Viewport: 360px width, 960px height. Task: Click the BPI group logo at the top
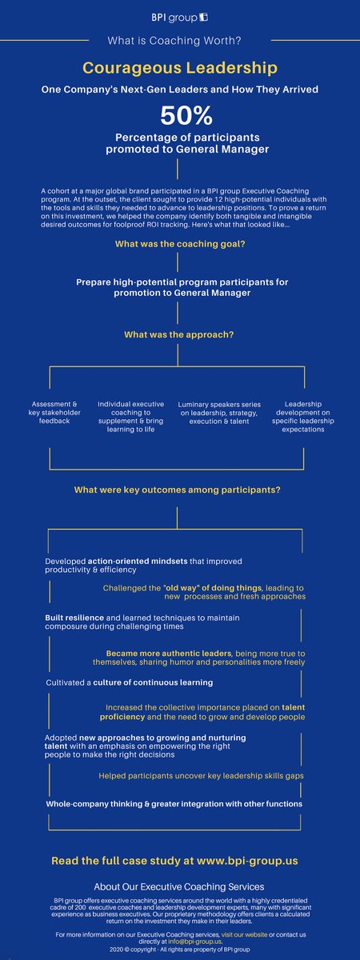(180, 17)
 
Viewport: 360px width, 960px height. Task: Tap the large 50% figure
(180, 116)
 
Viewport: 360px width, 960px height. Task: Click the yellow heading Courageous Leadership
(180, 69)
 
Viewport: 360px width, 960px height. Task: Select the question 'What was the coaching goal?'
(179, 245)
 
